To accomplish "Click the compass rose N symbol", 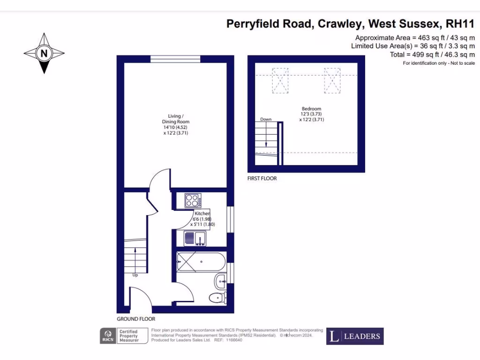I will pyautogui.click(x=44, y=53).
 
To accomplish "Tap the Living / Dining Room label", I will pyautogui.click(x=176, y=125).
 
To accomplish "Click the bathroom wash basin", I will pyautogui.click(x=221, y=281).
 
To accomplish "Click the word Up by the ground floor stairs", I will pyautogui.click(x=135, y=275).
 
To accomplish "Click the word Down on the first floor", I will pyautogui.click(x=266, y=120).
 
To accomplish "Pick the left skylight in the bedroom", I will pyautogui.click(x=280, y=80).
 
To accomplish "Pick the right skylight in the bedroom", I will pyautogui.click(x=332, y=80).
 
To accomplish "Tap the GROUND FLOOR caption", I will pyautogui.click(x=136, y=319).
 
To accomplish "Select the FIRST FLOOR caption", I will pyautogui.click(x=262, y=179).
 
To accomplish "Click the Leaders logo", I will pyautogui.click(x=355, y=336).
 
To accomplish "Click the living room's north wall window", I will pyautogui.click(x=176, y=59).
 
